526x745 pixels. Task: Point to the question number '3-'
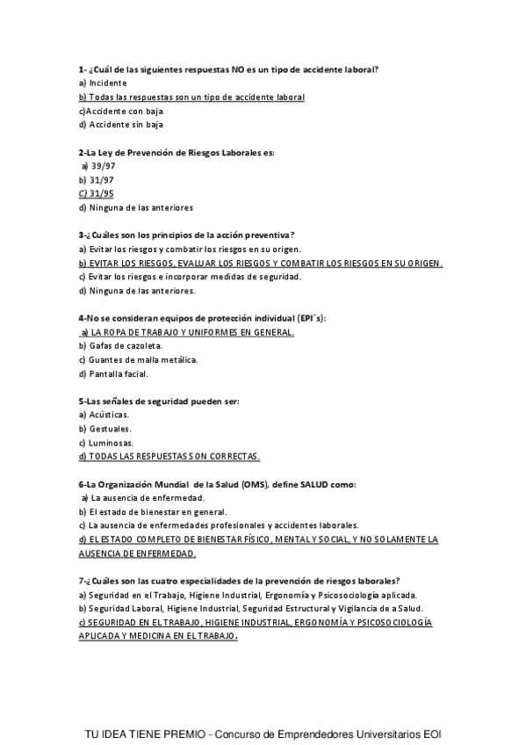82,235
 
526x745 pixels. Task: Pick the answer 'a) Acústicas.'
104,416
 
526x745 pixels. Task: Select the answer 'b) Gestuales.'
104,430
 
